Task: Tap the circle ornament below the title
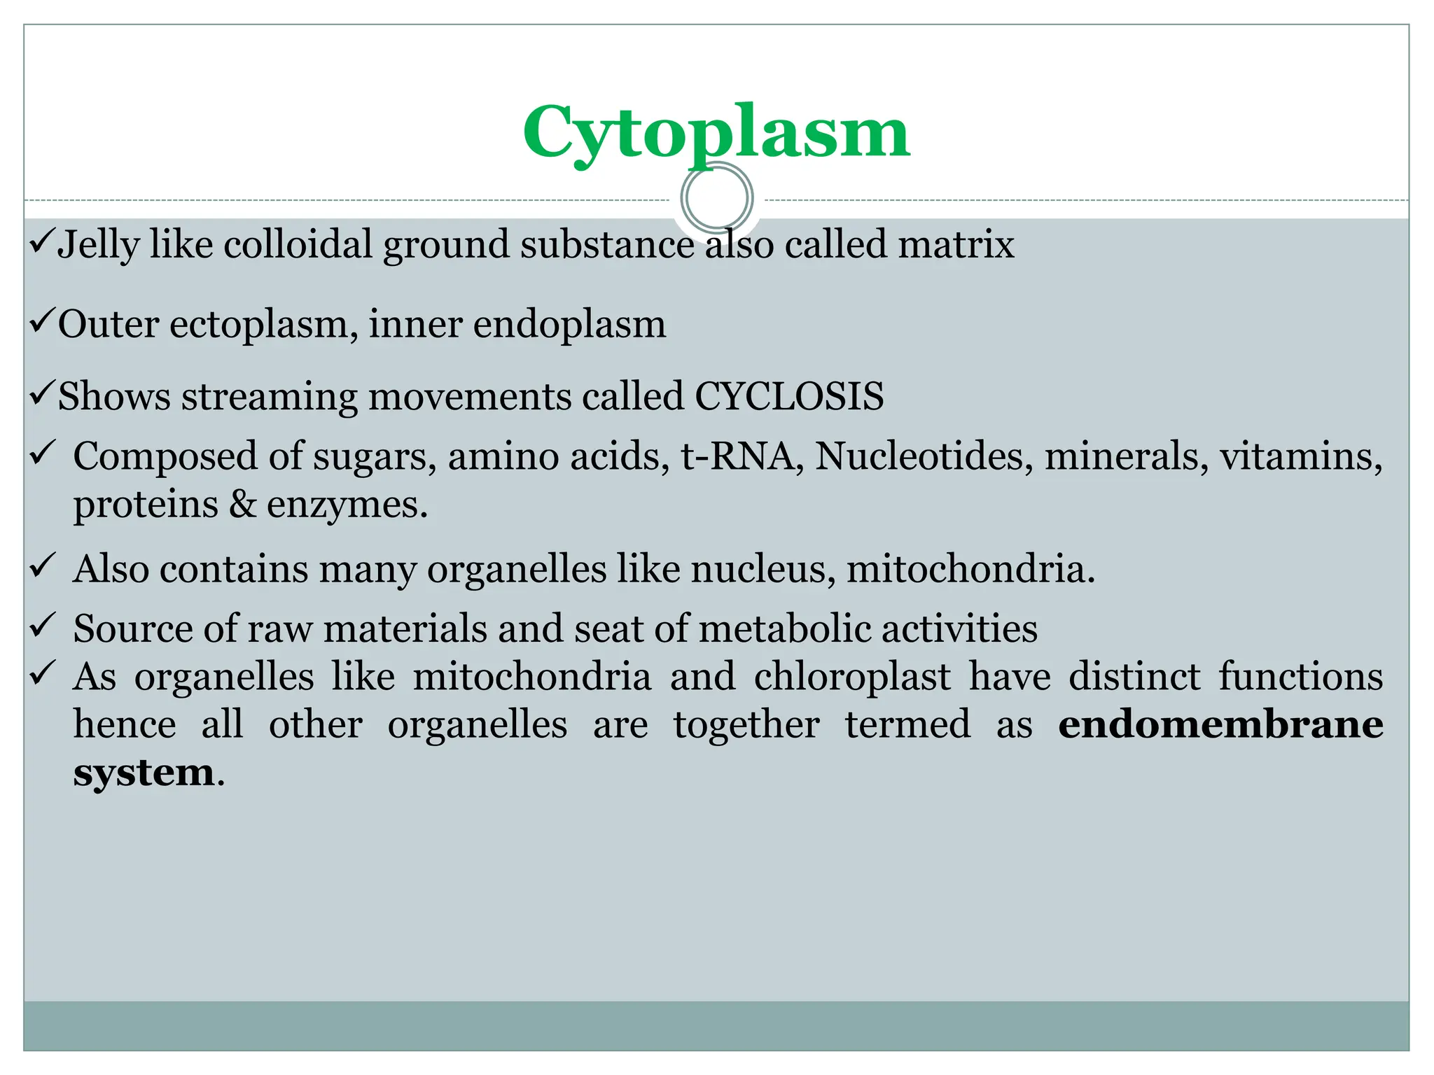(716, 197)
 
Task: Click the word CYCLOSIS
(789, 396)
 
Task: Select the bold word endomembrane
(1220, 724)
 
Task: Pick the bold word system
(144, 773)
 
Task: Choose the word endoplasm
(569, 325)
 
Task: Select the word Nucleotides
(924, 456)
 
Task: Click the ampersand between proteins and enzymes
(242, 505)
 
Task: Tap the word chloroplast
(852, 677)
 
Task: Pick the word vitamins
(1301, 456)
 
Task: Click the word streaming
(269, 397)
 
